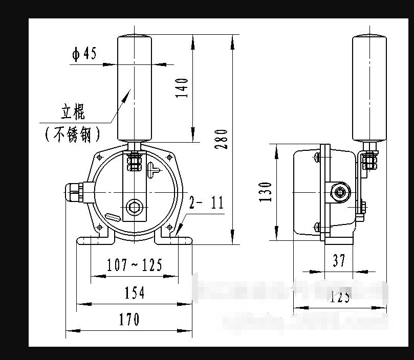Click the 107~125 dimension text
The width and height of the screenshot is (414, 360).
(135, 265)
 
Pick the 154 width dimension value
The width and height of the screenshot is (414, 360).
(135, 292)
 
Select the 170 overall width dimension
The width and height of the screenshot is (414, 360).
(129, 320)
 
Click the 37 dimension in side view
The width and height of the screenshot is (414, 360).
(339, 261)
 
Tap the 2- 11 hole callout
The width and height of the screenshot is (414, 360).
(206, 203)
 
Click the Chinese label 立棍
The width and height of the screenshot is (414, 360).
(73, 112)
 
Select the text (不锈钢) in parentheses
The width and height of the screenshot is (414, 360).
(72, 134)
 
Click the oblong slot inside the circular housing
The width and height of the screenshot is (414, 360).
(113, 216)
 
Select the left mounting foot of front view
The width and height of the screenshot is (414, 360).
(92, 239)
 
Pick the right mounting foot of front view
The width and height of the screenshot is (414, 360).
(175, 239)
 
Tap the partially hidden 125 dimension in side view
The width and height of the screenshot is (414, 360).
(340, 296)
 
